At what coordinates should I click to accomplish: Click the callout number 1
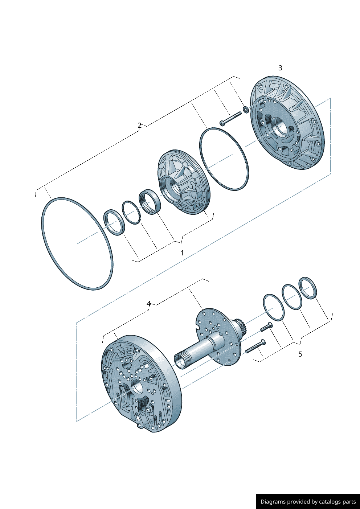tap(182, 253)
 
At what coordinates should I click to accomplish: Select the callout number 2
tap(139, 125)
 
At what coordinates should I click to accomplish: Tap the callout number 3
tap(280, 68)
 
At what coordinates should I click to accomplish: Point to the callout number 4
tap(148, 304)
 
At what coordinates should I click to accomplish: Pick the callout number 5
tap(300, 354)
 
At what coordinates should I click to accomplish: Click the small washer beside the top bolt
tap(246, 110)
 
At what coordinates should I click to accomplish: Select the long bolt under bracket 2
tap(230, 118)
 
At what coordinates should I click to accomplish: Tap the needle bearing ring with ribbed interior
tap(150, 202)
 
